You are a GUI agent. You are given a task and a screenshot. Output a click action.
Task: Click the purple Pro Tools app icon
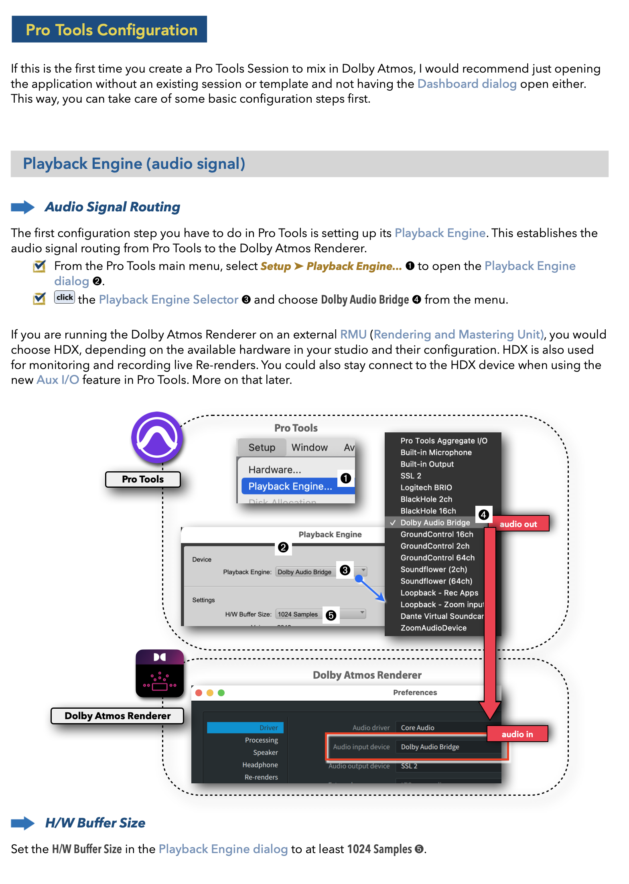[157, 437]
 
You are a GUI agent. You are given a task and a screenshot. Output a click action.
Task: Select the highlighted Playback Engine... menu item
[290, 486]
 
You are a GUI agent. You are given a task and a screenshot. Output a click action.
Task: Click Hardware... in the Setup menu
[275, 470]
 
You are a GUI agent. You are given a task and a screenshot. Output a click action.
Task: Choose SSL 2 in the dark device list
[411, 476]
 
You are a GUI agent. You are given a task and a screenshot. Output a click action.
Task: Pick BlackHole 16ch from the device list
[428, 511]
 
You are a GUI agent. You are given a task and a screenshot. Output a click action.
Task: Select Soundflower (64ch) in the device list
[436, 581]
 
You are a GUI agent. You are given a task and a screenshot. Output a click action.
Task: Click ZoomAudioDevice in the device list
[433, 628]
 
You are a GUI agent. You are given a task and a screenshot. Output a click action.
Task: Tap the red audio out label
[518, 524]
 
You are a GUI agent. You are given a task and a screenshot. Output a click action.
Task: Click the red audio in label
[517, 734]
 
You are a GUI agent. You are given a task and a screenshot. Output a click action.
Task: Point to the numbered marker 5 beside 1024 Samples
[331, 615]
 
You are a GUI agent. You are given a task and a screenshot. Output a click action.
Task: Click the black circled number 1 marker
[345, 478]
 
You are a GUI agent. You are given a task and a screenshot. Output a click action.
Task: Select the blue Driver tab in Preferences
[246, 728]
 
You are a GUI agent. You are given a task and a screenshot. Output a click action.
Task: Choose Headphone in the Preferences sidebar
[260, 765]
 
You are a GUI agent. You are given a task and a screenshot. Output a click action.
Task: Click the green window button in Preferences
[221, 693]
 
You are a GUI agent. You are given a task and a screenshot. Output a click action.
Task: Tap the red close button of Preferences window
[199, 693]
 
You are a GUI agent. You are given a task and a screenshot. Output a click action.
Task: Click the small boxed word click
[65, 297]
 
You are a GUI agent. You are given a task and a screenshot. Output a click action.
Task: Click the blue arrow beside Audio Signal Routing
[22, 207]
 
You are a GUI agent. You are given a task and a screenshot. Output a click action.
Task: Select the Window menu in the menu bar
[309, 448]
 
